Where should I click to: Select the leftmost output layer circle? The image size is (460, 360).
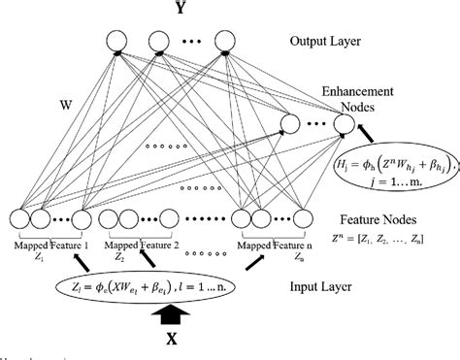coord(116,42)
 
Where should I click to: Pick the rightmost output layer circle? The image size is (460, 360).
coord(225,42)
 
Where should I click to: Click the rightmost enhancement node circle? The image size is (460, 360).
coord(343,124)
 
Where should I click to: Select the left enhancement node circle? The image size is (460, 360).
coord(289,124)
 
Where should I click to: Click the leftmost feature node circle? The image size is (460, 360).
coord(19,221)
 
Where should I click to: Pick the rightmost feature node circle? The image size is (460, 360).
coord(306,221)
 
